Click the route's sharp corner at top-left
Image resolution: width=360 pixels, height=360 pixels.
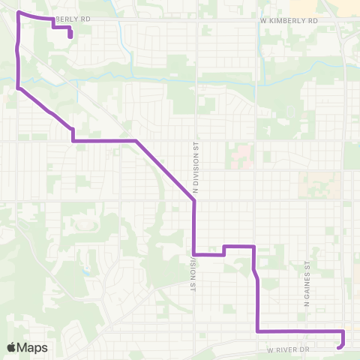(x=18, y=13)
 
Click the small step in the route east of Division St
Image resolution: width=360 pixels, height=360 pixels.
(x=224, y=250)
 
